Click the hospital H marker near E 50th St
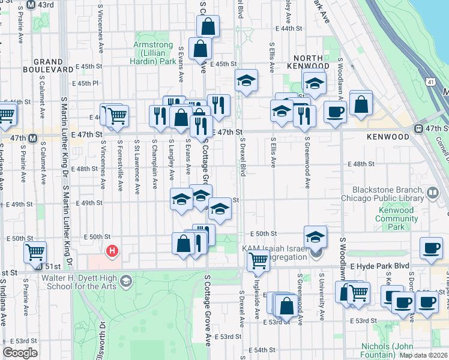pyautogui.click(x=111, y=251)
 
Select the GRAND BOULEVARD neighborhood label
pyautogui.click(x=58, y=65)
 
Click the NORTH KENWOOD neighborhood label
pyautogui.click(x=308, y=61)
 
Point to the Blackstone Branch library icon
pyautogui.click(x=433, y=194)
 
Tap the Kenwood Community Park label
pyautogui.click(x=395, y=218)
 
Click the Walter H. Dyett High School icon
pyautogui.click(x=126, y=280)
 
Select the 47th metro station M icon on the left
pyautogui.click(x=34, y=138)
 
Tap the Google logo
pyautogui.click(x=20, y=353)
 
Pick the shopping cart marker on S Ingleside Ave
pyautogui.click(x=258, y=260)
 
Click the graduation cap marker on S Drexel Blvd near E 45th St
pyautogui.click(x=246, y=80)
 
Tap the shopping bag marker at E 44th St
pyautogui.click(x=208, y=26)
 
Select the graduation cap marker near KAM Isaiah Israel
pyautogui.click(x=315, y=237)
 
